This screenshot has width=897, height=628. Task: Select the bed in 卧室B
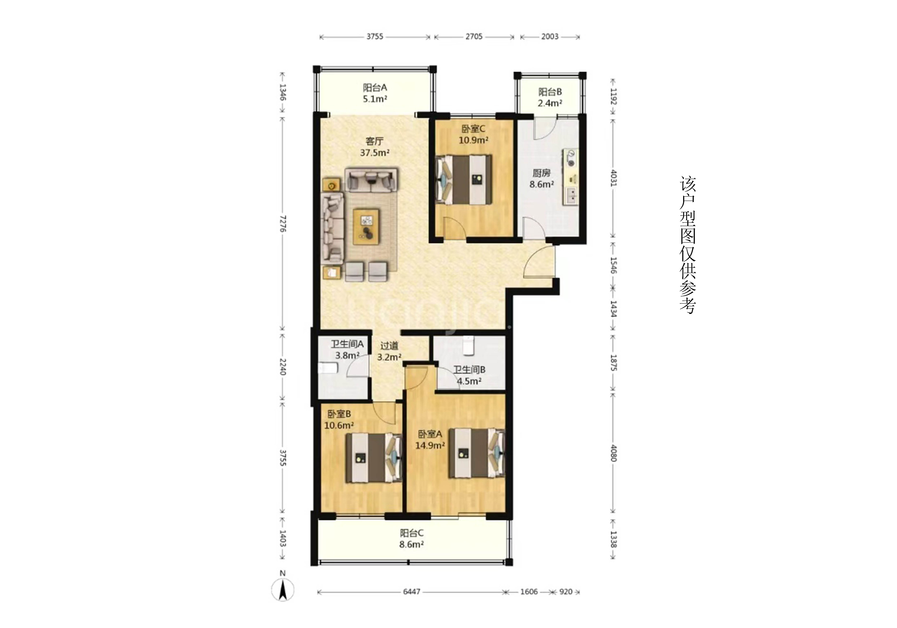374,457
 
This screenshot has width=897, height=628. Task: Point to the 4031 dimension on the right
613,178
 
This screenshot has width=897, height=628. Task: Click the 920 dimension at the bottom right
566,592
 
